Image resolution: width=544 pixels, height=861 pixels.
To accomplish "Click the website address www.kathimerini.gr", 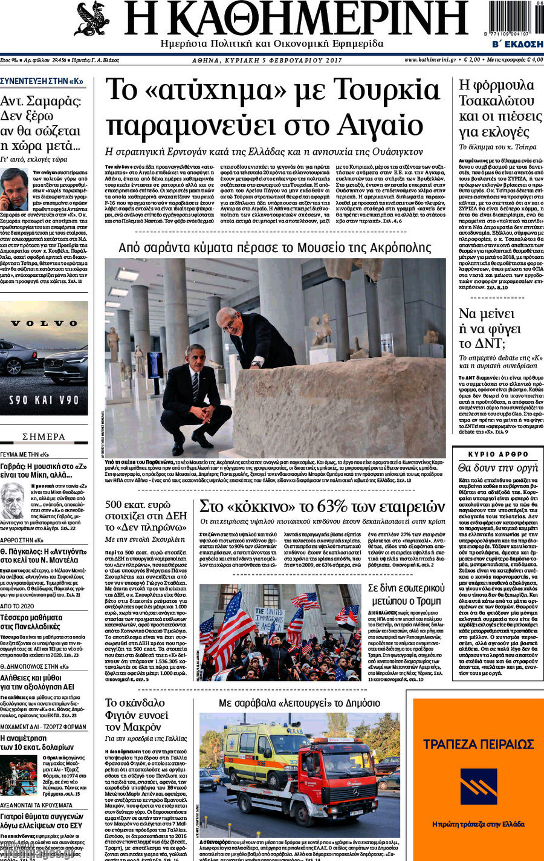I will coord(430,60).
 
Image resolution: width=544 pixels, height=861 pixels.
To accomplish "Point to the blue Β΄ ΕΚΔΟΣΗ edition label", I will coord(517,44).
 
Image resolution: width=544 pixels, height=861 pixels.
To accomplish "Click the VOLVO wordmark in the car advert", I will coord(44,323).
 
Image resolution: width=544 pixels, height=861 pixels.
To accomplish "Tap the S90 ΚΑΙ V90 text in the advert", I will coord(44,400).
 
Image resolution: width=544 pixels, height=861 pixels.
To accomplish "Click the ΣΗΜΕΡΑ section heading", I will coord(44,437).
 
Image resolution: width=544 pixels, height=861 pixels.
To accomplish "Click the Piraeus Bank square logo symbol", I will coord(478,786).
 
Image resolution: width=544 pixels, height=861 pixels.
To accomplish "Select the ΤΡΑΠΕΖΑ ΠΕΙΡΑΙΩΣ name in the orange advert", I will coord(478,744).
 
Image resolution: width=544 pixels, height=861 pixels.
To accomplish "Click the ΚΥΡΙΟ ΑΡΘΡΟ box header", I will coord(498,454).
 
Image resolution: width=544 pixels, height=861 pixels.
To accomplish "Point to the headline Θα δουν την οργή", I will coord(498,468).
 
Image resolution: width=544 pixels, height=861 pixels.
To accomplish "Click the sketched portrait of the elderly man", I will coord(13,501).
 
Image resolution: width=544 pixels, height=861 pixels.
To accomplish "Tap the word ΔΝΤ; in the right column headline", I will coord(490,343).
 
